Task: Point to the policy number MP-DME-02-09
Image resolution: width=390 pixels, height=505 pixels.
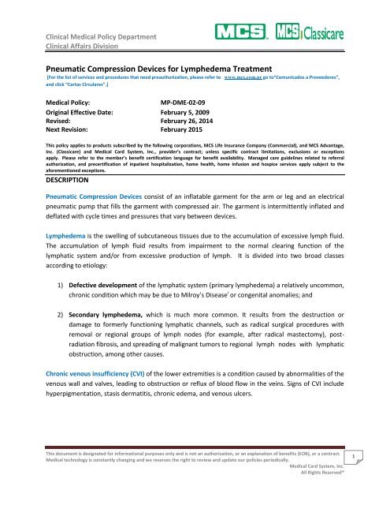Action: tap(189, 103)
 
